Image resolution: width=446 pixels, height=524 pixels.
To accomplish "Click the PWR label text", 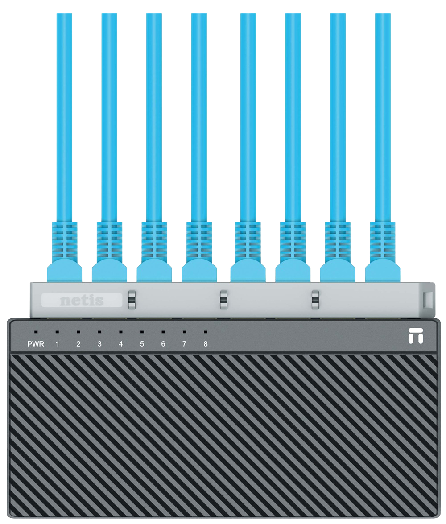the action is coord(36,344).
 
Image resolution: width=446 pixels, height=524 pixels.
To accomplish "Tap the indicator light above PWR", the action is coord(36,332).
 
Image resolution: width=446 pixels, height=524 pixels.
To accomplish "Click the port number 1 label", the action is coord(57,344).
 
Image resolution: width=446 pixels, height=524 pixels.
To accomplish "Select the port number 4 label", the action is coord(121,344).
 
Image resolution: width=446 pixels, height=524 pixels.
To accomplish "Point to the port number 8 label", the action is coord(206,344).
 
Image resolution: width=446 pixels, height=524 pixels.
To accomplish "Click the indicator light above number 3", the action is coord(99,332).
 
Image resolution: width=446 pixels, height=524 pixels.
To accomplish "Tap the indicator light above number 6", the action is coord(163,332).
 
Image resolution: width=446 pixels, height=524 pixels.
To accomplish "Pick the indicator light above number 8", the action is coord(206,332).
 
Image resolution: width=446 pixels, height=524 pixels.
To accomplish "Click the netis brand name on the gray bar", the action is coord(82,301).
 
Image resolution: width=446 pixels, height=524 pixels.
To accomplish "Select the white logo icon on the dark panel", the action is coord(416,336).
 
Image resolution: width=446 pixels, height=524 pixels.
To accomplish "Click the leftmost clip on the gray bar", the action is coord(132,300).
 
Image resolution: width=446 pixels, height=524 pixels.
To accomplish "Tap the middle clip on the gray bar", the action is coord(223,300).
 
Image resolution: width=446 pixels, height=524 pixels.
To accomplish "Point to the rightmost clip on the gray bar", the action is coord(315,300).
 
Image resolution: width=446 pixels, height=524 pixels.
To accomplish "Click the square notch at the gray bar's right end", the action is coord(428,300).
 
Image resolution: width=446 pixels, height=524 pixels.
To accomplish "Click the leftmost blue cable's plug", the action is coord(65,270).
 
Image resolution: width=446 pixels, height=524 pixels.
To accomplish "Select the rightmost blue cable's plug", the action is coord(383,270).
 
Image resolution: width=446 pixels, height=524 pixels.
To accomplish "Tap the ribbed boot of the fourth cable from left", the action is coord(199,241).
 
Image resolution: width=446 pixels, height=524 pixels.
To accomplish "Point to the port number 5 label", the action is coord(142,344).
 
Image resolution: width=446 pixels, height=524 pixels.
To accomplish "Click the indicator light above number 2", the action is coord(78,332).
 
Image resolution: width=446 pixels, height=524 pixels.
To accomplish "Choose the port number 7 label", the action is coord(184,344).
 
